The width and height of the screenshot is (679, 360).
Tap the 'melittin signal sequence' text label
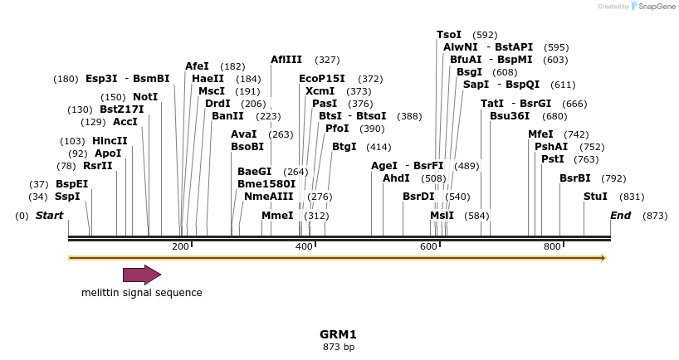(141, 293)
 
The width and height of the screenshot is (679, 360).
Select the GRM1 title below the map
(338, 334)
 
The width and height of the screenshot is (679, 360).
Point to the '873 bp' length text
(339, 347)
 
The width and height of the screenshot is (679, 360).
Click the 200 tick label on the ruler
(180, 246)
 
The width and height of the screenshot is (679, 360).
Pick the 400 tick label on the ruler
(304, 246)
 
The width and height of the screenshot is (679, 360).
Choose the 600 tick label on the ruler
(427, 246)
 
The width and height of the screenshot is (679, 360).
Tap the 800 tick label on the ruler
(552, 246)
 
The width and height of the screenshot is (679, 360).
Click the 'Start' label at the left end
(49, 216)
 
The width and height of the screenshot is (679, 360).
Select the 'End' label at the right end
(620, 216)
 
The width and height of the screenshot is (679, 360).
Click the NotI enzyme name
(145, 97)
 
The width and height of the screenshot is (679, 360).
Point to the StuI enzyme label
(595, 197)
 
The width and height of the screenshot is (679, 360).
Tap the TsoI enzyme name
(449, 35)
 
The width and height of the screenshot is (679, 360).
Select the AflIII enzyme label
(286, 60)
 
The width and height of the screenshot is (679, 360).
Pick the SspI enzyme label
(67, 197)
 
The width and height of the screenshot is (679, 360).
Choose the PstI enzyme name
(552, 159)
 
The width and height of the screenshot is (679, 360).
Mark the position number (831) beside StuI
(632, 197)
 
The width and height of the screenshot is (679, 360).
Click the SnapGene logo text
(656, 7)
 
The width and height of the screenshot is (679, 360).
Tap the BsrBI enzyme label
(574, 178)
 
